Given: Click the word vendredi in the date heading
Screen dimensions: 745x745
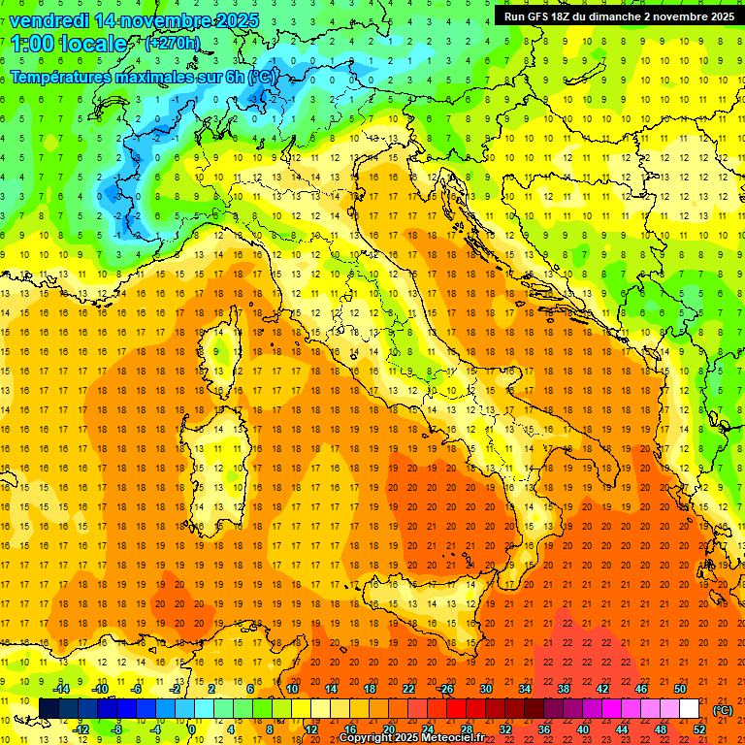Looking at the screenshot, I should pos(49,19).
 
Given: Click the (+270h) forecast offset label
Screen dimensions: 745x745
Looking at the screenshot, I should pos(173,43).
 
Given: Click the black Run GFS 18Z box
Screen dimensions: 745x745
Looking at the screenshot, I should pos(619,16).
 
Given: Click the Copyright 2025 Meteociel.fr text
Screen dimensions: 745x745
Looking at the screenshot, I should pos(411,738).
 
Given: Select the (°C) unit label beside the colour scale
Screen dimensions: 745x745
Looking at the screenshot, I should pos(724,709).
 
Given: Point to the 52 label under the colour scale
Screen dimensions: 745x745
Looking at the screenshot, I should pos(699,729).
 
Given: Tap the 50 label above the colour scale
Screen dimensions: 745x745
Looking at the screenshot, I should pos(680,689).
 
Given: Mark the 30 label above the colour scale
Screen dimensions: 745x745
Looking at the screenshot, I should pos(485,689).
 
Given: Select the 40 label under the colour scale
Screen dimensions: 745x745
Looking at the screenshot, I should pos(583,729).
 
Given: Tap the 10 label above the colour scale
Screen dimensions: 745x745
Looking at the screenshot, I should pos(291,689).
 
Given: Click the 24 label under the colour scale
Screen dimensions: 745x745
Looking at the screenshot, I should pos(427,729).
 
